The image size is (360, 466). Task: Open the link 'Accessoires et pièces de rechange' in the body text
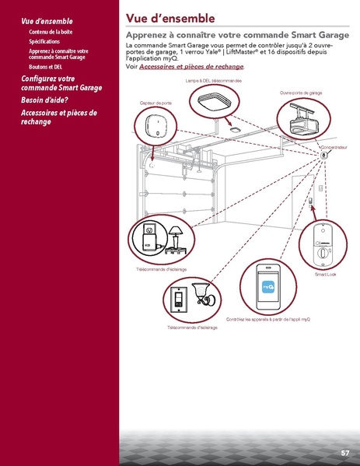click(191, 68)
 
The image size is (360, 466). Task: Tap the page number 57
click(344, 453)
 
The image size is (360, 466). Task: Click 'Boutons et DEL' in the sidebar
click(46, 66)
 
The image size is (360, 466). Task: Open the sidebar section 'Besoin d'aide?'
click(44, 100)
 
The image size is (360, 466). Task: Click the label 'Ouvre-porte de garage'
click(301, 93)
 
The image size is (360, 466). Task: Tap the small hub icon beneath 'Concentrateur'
click(324, 155)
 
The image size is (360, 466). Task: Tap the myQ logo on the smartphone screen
click(269, 286)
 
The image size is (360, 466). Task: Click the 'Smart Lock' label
click(325, 274)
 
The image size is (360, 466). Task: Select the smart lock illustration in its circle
click(323, 245)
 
